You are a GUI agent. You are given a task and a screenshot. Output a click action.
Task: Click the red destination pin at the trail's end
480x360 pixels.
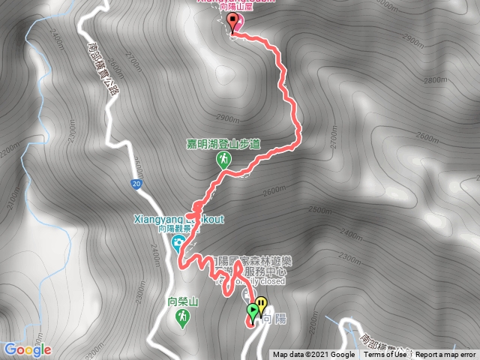pos(232,23)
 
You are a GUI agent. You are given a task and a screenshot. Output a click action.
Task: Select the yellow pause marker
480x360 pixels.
pos(260,304)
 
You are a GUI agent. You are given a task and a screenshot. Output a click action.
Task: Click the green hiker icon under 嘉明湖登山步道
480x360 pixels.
pos(223,159)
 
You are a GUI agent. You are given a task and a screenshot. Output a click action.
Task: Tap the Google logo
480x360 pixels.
pos(27,349)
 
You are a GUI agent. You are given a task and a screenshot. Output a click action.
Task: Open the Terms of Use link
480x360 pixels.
pos(385,355)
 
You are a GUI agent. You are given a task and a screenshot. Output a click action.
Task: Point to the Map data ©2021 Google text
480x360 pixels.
pos(313,355)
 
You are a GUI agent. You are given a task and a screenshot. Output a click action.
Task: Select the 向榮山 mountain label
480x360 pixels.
pos(182,302)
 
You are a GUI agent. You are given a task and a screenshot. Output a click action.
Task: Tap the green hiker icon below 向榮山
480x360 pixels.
pos(182,319)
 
